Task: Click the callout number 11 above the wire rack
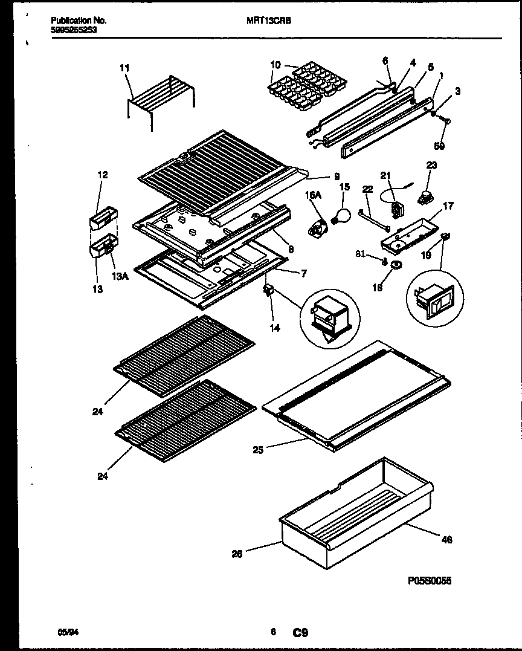pos(124,68)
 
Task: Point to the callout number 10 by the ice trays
pos(275,65)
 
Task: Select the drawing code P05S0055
pos(430,580)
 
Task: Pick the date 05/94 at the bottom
pos(67,632)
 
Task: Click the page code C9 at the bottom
pos(300,633)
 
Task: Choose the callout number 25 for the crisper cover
pos(258,450)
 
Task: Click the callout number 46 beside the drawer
pos(446,540)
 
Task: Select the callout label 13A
pos(119,277)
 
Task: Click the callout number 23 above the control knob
pos(431,165)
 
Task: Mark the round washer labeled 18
pos(398,265)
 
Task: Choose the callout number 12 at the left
pos(103,175)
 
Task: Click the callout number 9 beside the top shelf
pos(337,177)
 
